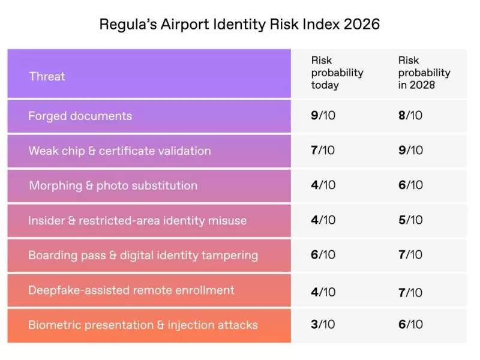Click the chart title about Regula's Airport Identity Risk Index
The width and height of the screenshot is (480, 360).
click(x=239, y=25)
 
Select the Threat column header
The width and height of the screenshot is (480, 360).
click(x=47, y=76)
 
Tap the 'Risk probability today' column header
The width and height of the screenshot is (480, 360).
click(x=337, y=73)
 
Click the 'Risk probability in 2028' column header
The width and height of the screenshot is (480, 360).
click(x=424, y=73)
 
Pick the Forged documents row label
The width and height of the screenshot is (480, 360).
click(x=80, y=116)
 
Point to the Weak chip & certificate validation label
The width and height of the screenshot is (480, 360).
click(x=119, y=151)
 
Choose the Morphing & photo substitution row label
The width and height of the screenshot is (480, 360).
click(x=113, y=185)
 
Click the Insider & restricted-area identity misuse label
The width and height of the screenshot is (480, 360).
click(x=137, y=220)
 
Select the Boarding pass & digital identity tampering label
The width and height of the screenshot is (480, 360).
click(x=143, y=255)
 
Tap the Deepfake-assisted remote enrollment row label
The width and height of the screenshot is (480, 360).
click(x=131, y=290)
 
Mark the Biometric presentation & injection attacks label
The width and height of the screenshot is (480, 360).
click(x=143, y=325)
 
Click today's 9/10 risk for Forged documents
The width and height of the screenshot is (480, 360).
click(x=323, y=115)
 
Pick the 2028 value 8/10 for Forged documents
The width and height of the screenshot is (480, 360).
click(x=410, y=115)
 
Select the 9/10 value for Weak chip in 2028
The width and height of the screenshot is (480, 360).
click(x=410, y=150)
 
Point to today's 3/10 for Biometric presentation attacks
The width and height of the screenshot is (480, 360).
click(x=323, y=325)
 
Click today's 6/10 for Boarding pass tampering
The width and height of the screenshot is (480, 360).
click(x=323, y=254)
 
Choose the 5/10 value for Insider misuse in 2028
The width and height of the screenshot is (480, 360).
click(x=410, y=220)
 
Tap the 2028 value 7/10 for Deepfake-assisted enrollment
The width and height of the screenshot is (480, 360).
click(x=410, y=292)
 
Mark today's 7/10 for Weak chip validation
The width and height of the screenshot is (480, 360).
click(x=323, y=150)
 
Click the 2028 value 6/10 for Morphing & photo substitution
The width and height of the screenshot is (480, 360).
click(x=410, y=185)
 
